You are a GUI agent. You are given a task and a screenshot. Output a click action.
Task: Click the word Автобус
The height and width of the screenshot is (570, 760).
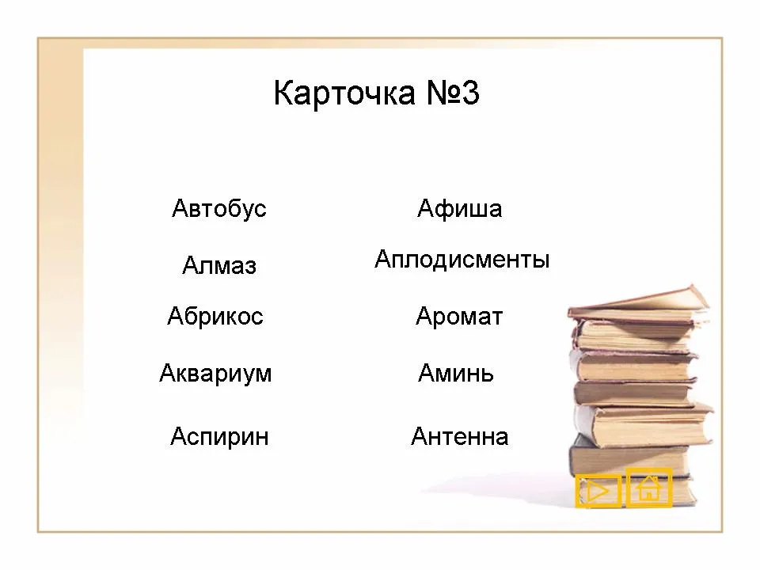(x=219, y=209)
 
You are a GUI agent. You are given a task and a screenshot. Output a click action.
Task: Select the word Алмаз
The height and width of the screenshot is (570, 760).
(x=219, y=266)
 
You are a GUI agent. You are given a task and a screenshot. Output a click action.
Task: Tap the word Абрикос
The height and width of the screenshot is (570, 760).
(x=215, y=316)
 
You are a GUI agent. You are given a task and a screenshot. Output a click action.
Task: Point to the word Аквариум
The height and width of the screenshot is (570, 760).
(x=215, y=374)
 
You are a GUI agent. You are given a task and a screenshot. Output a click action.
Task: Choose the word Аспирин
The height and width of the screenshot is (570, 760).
(x=219, y=436)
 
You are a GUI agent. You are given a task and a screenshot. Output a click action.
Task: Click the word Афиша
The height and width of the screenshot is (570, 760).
(x=459, y=209)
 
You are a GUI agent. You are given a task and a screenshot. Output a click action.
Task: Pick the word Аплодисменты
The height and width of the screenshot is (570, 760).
(x=462, y=260)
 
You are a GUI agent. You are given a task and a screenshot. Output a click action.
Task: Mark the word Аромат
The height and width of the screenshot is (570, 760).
(x=459, y=317)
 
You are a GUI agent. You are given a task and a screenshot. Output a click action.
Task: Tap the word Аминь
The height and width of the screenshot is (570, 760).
(x=456, y=373)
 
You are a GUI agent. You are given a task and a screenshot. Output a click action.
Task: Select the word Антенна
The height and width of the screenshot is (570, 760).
(x=459, y=436)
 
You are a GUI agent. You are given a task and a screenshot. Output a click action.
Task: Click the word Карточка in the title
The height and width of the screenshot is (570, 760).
(x=344, y=93)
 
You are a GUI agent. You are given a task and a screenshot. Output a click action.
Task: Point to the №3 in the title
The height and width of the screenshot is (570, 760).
(x=453, y=93)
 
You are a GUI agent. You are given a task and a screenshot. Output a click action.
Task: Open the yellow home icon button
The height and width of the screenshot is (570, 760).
(x=649, y=488)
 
